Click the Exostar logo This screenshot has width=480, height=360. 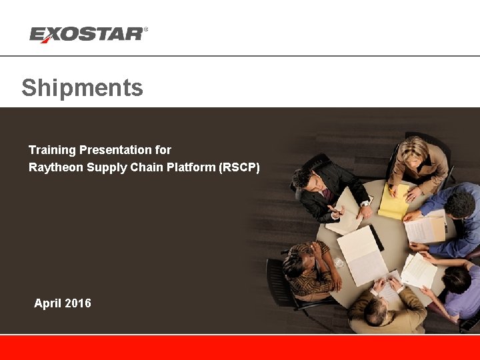[x=87, y=34]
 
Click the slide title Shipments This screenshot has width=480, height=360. [x=82, y=88]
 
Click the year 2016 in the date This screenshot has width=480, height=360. [x=78, y=303]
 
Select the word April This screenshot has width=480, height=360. [x=48, y=303]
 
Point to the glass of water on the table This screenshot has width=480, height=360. [x=339, y=263]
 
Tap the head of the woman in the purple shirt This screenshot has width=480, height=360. [x=457, y=279]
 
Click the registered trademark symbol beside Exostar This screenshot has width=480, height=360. [x=146, y=30]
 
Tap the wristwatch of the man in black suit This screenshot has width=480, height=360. [x=365, y=203]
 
